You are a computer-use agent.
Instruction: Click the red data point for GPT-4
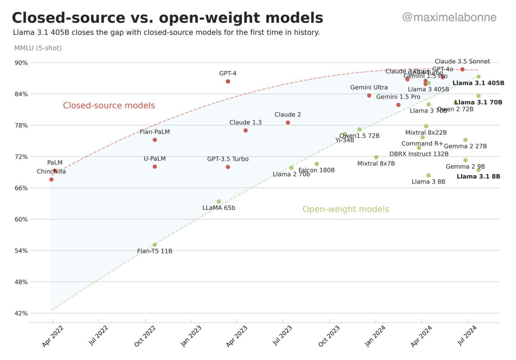[228, 81]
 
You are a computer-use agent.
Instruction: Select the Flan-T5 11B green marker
[155, 245]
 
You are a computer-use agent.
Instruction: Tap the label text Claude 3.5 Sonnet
[462, 62]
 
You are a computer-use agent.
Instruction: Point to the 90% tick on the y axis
[21, 63]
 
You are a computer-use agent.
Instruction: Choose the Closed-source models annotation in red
[109, 105]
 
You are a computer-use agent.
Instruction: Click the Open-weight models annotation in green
[346, 209]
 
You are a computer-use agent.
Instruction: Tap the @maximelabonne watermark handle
[449, 18]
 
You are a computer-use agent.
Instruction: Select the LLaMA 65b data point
[219, 201]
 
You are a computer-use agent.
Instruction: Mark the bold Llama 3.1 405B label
[478, 83]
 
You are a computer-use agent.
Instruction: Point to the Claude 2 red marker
[288, 123]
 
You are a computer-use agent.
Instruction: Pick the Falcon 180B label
[316, 170]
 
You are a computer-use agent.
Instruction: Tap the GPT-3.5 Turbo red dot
[228, 167]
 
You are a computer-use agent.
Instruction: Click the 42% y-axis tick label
[21, 314]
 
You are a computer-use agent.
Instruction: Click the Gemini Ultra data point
[369, 95]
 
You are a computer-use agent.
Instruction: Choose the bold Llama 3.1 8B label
[478, 176]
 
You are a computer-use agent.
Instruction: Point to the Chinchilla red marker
[52, 179]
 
